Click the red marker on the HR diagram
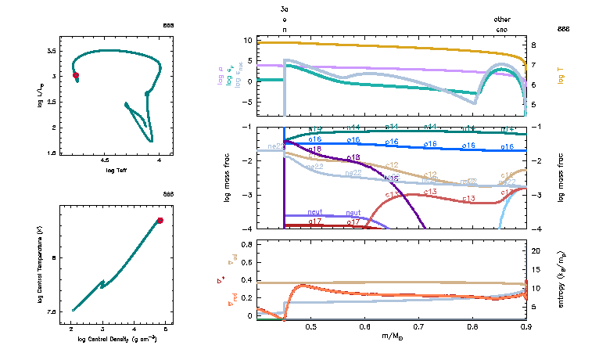[76, 75]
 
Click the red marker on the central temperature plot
[160, 221]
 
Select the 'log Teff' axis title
[114, 170]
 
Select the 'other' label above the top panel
[502, 18]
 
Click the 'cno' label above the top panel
[502, 29]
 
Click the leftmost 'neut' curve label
[315, 212]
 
